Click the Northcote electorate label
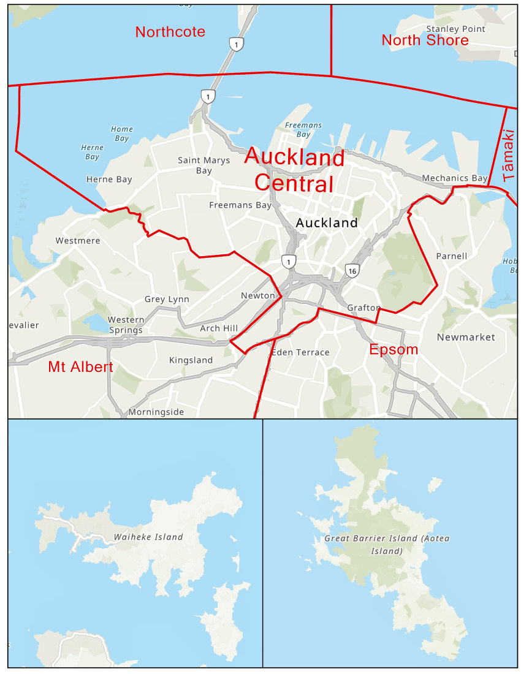point(170,32)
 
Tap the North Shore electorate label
point(425,40)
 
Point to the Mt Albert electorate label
point(80,367)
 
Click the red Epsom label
point(394,350)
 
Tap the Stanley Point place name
point(455,29)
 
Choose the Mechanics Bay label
point(454,178)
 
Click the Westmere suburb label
point(78,241)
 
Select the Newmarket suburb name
point(466,337)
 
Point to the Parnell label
point(451,256)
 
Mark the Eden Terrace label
point(300,352)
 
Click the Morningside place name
point(156,412)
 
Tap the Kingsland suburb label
point(191,360)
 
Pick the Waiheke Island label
point(148,537)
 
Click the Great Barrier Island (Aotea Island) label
point(387,545)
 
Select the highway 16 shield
point(351,270)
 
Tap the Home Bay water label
point(121,134)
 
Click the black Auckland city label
point(327,223)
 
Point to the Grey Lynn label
point(167,299)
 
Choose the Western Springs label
point(126,325)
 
